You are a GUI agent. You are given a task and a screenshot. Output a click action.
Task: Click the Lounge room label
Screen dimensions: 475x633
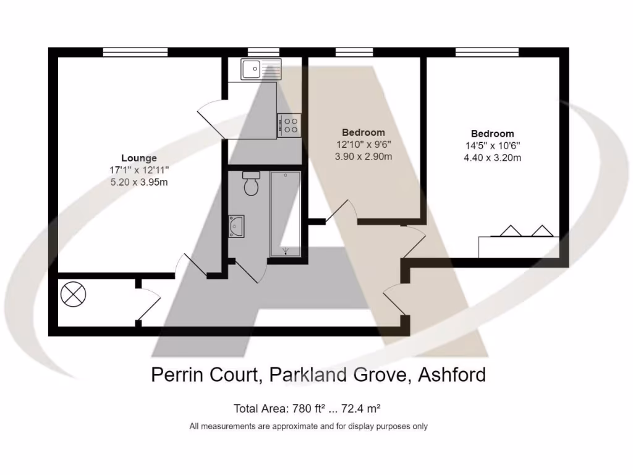point(138,158)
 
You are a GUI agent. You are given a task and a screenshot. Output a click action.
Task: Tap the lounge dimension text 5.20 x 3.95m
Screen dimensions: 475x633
point(138,182)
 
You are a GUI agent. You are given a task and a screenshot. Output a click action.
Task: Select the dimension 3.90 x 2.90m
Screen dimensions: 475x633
point(363,156)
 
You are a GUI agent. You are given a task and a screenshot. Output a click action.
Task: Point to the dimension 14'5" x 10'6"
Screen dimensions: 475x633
point(492,146)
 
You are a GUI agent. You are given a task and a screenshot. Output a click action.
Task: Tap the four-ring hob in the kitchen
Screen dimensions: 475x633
point(289,126)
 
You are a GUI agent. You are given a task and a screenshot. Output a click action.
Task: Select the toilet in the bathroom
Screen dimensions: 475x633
point(251,184)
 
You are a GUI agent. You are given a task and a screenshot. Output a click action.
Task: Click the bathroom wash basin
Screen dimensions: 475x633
point(237,226)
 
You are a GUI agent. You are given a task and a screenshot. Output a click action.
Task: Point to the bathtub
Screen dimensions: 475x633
point(285,213)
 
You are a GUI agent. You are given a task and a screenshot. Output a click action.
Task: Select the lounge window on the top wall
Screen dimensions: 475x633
point(135,53)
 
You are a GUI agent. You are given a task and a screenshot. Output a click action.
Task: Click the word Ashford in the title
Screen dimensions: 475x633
point(452,374)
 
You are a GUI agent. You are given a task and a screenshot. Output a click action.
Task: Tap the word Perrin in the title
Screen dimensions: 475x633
point(177,374)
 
